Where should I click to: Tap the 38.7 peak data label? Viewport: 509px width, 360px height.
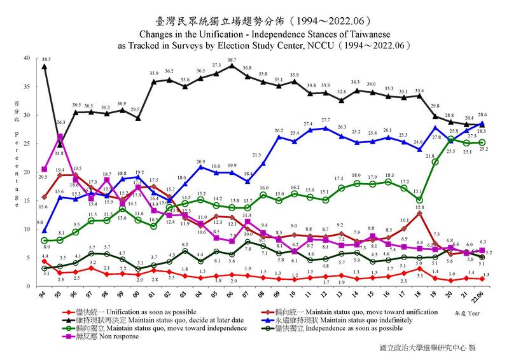232,59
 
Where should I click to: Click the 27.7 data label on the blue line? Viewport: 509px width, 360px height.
325,120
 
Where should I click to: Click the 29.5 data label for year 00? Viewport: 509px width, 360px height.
136,110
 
